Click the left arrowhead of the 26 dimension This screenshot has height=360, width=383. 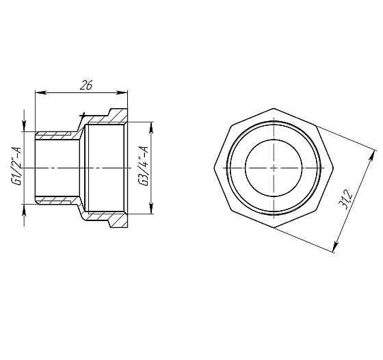(x=38, y=93)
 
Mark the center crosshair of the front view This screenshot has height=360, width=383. (x=272, y=167)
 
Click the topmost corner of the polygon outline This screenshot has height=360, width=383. (x=272, y=108)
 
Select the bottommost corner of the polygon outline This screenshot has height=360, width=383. (x=272, y=227)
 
